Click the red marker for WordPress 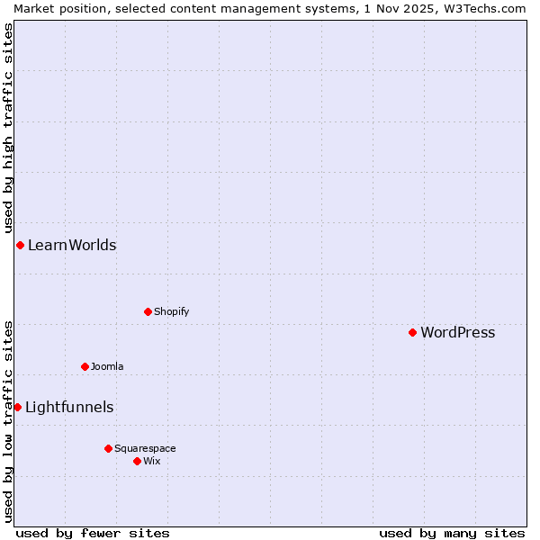[x=412, y=332]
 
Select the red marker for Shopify [x=148, y=311]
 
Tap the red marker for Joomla [x=85, y=366]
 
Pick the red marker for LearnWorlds [x=20, y=245]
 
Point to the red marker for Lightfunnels [x=17, y=407]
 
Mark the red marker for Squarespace [x=108, y=448]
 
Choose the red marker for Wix [x=137, y=461]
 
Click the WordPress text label [x=457, y=333]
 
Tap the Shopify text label [x=171, y=312]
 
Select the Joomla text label [x=107, y=367]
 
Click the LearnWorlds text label [x=72, y=246]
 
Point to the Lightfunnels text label [x=69, y=408]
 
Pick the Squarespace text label [x=145, y=449]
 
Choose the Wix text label [x=151, y=462]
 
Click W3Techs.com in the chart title [x=484, y=8]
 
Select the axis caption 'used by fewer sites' [x=93, y=533]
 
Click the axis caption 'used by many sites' [x=452, y=533]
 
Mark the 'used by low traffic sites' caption [x=9, y=421]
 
